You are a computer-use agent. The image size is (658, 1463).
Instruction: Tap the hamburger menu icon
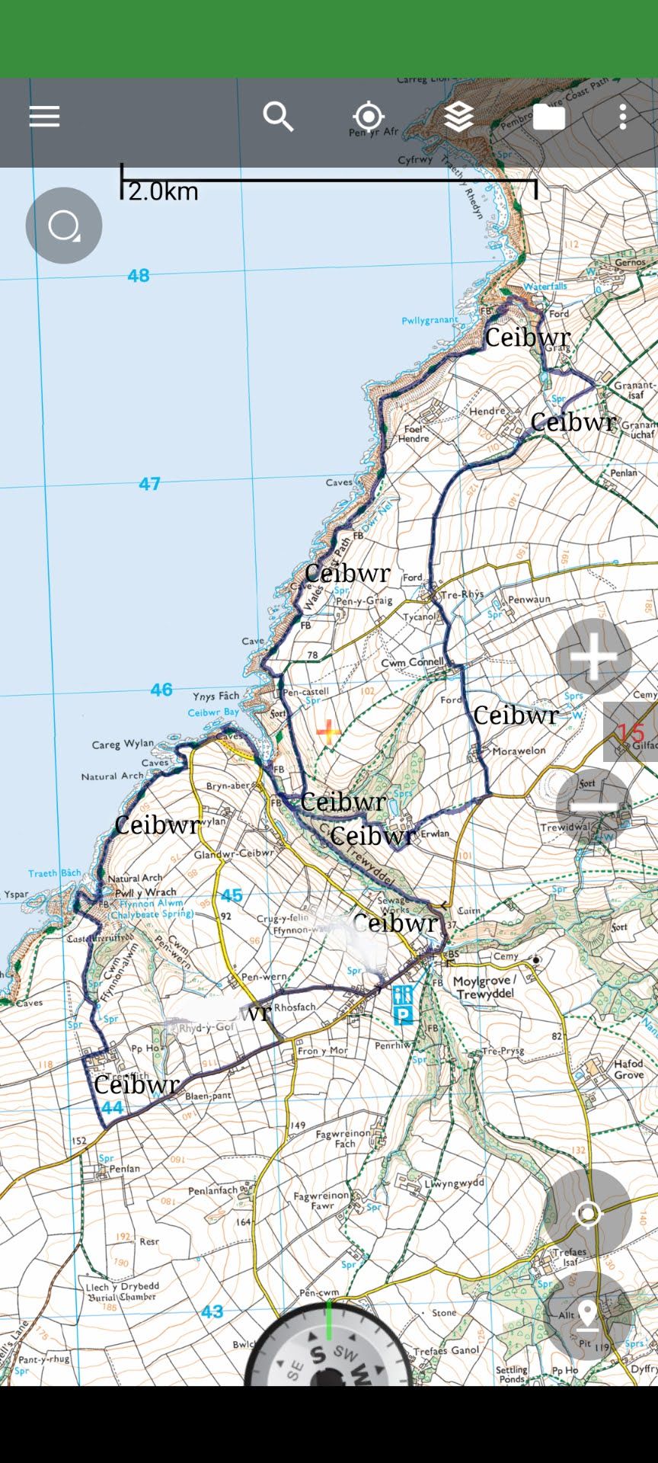pyautogui.click(x=44, y=117)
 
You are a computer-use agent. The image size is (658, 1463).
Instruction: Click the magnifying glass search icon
pyautogui.click(x=278, y=117)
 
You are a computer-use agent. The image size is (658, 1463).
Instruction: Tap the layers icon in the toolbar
pyautogui.click(x=458, y=117)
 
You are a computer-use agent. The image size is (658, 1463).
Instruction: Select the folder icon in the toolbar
pyautogui.click(x=548, y=117)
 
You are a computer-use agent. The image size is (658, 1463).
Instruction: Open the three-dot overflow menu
pyautogui.click(x=623, y=117)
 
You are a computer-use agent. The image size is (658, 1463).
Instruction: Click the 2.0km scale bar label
pyautogui.click(x=163, y=191)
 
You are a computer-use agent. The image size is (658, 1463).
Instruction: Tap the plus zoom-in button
pyautogui.click(x=593, y=657)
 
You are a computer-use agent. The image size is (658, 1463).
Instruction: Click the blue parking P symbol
pyautogui.click(x=403, y=1014)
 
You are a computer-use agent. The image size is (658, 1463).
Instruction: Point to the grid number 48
pyautogui.click(x=139, y=275)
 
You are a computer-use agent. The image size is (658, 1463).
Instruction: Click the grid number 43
pyautogui.click(x=212, y=1311)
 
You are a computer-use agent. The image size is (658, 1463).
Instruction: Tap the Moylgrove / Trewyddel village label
pyautogui.click(x=485, y=988)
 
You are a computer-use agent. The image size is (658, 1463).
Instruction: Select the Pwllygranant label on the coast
pyautogui.click(x=430, y=321)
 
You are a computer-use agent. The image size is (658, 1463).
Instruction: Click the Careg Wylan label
pyautogui.click(x=123, y=744)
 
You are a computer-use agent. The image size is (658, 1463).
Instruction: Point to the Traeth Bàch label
pyautogui.click(x=54, y=873)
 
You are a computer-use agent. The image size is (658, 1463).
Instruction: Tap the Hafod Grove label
pyautogui.click(x=628, y=1069)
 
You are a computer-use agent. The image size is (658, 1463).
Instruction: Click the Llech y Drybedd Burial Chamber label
pyautogui.click(x=122, y=1292)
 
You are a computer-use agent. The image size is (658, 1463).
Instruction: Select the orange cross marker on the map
pyautogui.click(x=328, y=732)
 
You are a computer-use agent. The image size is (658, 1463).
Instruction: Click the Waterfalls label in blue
pyautogui.click(x=545, y=287)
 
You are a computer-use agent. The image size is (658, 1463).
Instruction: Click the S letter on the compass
pyautogui.click(x=318, y=1354)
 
